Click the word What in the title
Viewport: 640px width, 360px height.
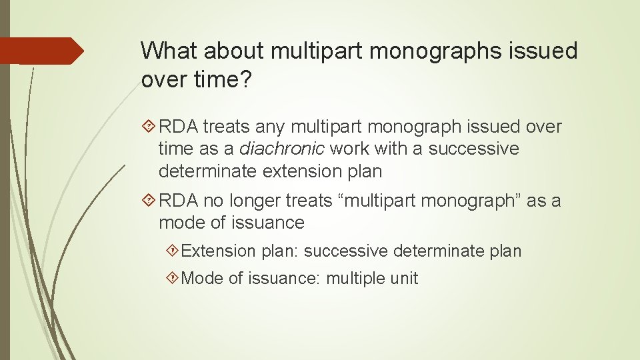point(172,51)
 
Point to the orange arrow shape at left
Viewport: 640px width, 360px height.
point(41,51)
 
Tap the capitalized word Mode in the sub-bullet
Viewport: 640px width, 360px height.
point(201,278)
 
